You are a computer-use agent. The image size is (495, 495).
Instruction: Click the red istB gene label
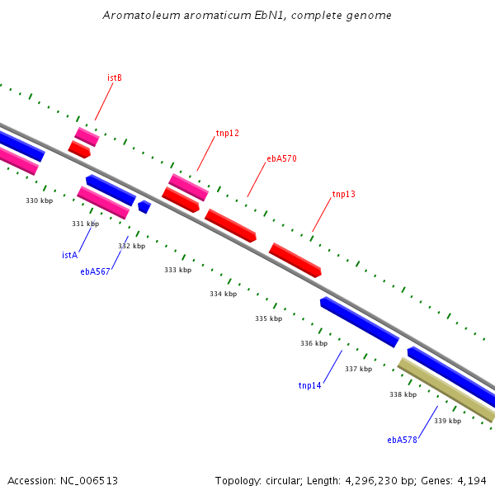pos(115,78)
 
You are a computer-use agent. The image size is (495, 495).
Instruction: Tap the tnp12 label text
pos(228,133)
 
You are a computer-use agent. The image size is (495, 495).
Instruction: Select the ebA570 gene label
pos(281,158)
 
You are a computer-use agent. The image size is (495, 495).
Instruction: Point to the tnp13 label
pos(343,194)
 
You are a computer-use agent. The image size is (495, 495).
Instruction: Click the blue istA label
pos(70,255)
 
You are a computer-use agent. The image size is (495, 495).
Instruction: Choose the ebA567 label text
pos(95,271)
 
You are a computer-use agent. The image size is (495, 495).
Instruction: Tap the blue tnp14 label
pos(309,385)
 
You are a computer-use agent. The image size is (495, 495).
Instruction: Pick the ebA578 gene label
pos(402,440)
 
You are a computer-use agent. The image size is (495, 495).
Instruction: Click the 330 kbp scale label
pos(39,200)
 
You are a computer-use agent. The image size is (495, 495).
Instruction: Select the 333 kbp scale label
pos(177,270)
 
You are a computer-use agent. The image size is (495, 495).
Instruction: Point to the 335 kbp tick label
pos(269,318)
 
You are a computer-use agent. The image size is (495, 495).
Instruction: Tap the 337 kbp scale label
pos(359,369)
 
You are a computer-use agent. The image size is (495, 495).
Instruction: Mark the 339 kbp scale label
pos(448,421)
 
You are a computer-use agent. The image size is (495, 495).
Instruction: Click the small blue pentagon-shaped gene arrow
pos(144,207)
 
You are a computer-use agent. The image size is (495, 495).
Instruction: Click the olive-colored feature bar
pos(446,390)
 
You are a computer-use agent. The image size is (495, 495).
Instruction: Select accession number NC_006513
pos(89,481)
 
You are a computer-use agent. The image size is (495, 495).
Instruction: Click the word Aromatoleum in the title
pos(141,15)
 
